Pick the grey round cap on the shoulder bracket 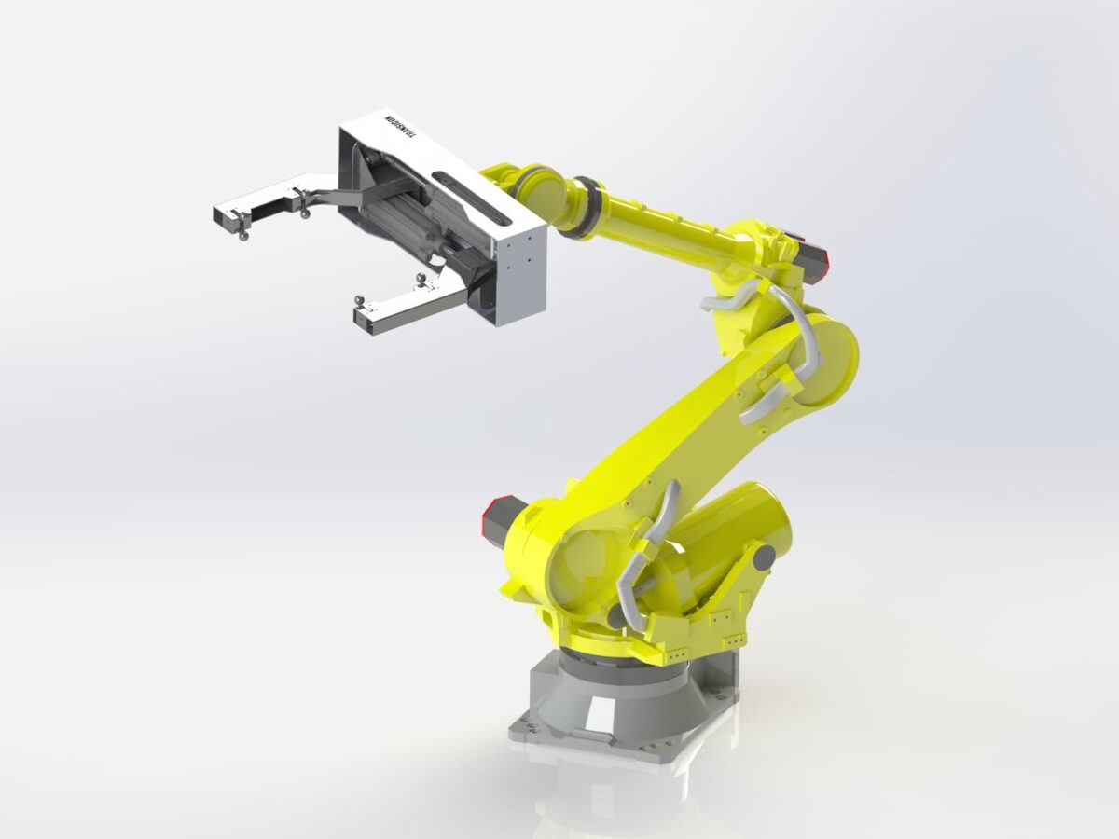(x=764, y=557)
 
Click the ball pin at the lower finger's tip (x=359, y=302)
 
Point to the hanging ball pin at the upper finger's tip (x=243, y=234)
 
